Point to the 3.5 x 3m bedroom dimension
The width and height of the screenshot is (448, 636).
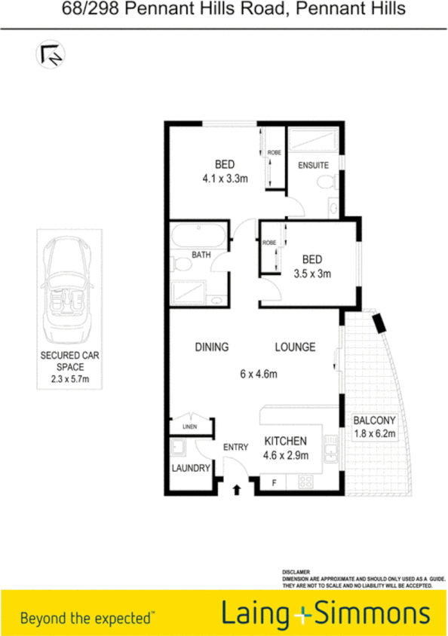coord(311,274)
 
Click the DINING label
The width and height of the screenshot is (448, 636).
coord(212,347)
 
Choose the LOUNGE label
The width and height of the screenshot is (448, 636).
coord(294,347)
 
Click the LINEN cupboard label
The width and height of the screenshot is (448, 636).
coord(190,427)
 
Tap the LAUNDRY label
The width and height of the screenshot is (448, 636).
coord(189,468)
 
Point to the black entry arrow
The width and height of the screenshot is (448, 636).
coord(238,491)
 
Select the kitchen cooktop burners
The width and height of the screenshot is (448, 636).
coord(308,482)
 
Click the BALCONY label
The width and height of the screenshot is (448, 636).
coord(374,420)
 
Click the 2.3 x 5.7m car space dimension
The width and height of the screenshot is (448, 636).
coord(65,381)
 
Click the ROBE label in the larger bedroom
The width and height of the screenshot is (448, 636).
coord(274,152)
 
